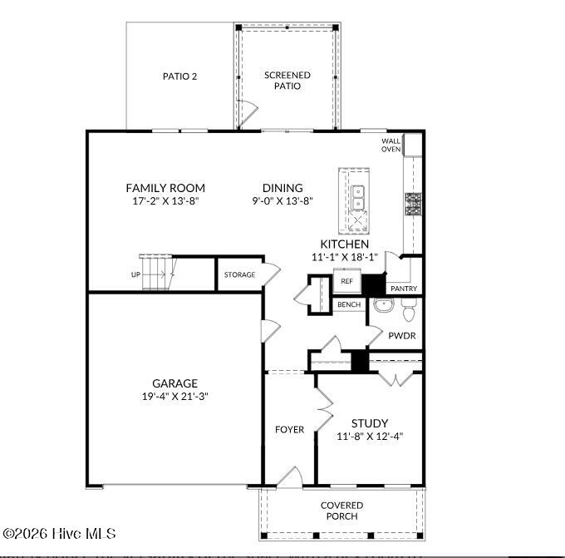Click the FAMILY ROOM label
pyautogui.click(x=165, y=188)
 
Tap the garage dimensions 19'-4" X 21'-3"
pyautogui.click(x=174, y=397)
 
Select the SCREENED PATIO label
pyautogui.click(x=287, y=80)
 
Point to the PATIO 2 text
pyautogui.click(x=179, y=77)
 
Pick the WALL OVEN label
pyautogui.click(x=391, y=145)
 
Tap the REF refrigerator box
pyautogui.click(x=347, y=281)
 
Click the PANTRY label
pyautogui.click(x=404, y=289)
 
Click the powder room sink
pyautogui.click(x=383, y=307)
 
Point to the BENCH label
pyautogui.click(x=348, y=305)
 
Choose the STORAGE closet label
pyautogui.click(x=240, y=275)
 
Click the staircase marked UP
pyautogui.click(x=156, y=273)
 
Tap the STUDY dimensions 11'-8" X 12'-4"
pyautogui.click(x=370, y=436)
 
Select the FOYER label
pyautogui.click(x=290, y=430)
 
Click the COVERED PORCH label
pyautogui.click(x=341, y=511)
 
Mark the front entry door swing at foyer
pyautogui.click(x=288, y=477)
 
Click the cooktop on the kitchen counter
pyautogui.click(x=412, y=202)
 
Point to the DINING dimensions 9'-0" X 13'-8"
pyautogui.click(x=282, y=201)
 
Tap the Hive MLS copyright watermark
pyautogui.click(x=59, y=533)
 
